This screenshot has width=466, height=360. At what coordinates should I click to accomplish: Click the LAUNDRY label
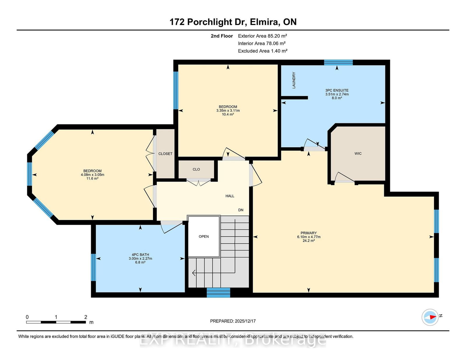pos(294,80)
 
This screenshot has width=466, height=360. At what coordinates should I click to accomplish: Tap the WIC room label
pos(358,153)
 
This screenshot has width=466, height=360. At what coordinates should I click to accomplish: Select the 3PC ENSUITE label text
pos(337,91)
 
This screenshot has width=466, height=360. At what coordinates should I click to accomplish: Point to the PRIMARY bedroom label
pos(309,233)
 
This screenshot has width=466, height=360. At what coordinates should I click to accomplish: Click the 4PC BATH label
pos(140,255)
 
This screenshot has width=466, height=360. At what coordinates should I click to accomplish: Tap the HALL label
pos(230,196)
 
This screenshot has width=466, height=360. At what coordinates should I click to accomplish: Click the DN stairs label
pos(241,210)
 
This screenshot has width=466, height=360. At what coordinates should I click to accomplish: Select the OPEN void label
pos(204,237)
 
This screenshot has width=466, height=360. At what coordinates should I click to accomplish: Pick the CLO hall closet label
pos(196,169)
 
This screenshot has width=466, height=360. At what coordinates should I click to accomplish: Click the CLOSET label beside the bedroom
pos(165,154)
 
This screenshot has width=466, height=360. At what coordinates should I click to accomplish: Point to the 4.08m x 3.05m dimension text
pos(92,175)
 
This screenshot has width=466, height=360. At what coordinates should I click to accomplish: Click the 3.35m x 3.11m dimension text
pos(228,111)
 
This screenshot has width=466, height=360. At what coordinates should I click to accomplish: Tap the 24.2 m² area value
pos(309,241)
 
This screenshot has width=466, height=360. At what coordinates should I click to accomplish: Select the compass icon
pos(430,317)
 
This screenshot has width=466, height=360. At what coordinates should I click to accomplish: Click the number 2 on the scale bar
pos(86,317)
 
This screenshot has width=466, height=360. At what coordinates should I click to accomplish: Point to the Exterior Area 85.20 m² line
pos(262,36)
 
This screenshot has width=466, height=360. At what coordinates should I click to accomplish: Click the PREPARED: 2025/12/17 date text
pos(233,321)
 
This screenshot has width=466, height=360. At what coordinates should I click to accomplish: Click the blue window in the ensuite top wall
pos(338,62)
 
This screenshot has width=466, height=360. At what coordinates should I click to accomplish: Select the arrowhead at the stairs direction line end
pos(194,273)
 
